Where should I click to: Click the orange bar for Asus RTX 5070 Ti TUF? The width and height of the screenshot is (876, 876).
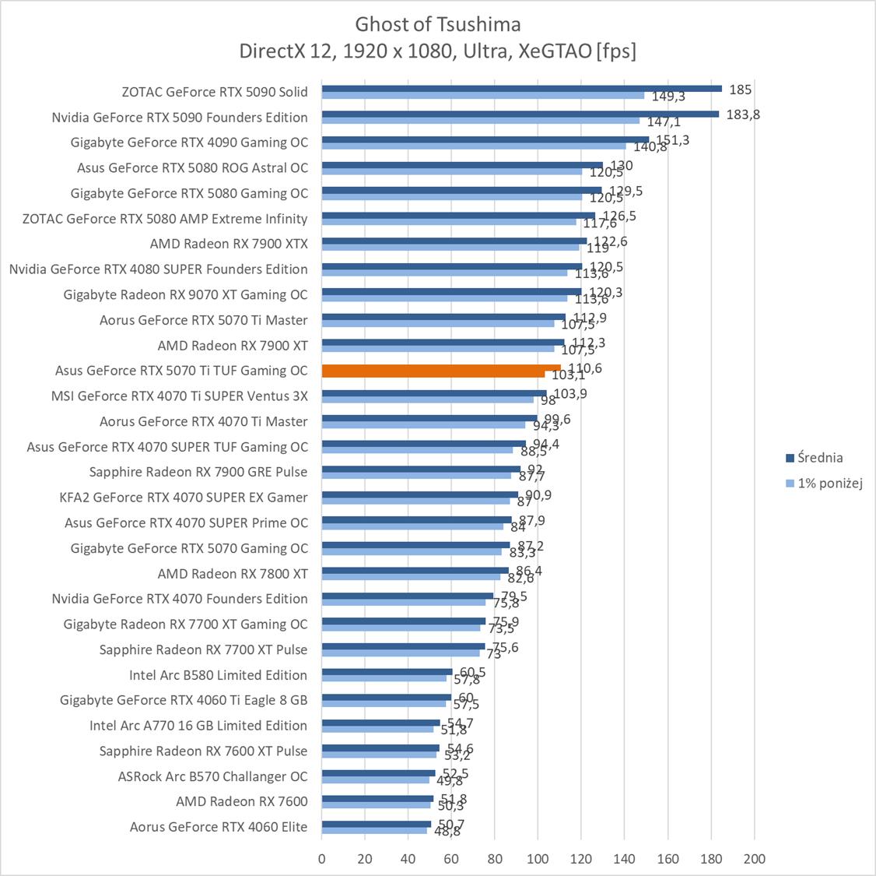(x=440, y=368)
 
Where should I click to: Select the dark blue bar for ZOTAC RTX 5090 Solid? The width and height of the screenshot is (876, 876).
(x=521, y=89)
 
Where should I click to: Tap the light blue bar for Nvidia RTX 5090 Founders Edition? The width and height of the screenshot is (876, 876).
(x=480, y=121)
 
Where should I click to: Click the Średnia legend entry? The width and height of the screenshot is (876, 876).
(x=814, y=458)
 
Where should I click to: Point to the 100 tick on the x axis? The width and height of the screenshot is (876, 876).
(x=538, y=859)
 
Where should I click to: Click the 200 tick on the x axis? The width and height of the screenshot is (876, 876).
(x=754, y=859)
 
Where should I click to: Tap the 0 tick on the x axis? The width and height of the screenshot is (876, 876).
(x=322, y=859)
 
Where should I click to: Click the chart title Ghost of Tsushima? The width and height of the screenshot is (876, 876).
(x=438, y=24)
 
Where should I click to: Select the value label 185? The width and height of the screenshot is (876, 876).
(x=740, y=89)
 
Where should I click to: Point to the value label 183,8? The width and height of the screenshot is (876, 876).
(x=742, y=114)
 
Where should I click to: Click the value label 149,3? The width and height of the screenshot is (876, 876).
(x=668, y=97)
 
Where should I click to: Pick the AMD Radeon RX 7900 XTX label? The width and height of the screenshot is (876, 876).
(x=229, y=244)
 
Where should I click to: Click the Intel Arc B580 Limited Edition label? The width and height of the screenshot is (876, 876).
(x=218, y=675)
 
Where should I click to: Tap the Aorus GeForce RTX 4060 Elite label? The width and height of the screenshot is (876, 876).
(x=219, y=827)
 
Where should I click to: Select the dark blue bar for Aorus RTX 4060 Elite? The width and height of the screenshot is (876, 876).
(x=376, y=824)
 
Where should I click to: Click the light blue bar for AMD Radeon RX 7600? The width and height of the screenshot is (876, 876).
(x=375, y=805)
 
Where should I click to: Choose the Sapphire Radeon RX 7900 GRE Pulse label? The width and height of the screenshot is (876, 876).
(x=198, y=472)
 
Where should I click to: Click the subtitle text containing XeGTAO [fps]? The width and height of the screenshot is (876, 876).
(x=438, y=51)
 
